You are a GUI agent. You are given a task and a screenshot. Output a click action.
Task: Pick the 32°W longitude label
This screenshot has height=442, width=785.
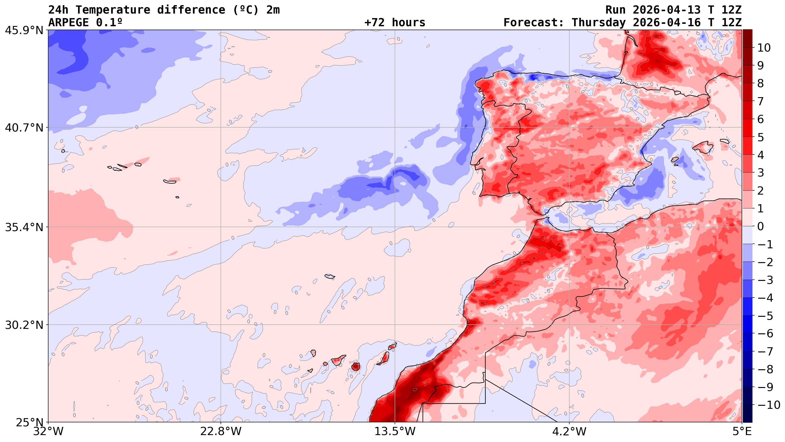pos(48,432)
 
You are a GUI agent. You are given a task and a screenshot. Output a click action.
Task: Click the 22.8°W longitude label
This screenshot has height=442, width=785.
pos(220,432)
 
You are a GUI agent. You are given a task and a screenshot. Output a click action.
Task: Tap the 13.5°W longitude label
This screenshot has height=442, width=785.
pos(395,432)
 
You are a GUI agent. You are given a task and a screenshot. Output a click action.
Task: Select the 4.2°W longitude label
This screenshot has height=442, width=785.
pos(569,432)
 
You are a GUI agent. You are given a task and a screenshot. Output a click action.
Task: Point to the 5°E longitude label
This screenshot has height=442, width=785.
pos(742,432)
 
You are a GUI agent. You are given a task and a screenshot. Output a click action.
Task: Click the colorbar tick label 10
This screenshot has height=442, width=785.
pos(764,48)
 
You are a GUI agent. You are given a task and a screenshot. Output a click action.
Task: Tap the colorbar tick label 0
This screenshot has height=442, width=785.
pos(761,227)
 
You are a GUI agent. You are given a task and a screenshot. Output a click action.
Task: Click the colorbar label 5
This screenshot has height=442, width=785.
pos(761,137)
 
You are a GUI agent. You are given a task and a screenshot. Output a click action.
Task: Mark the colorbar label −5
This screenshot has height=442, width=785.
pos(765,316)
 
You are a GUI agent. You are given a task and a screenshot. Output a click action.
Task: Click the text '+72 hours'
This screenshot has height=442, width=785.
pos(395,23)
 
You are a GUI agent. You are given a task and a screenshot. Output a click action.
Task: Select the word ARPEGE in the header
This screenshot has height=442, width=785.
pos(69,23)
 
